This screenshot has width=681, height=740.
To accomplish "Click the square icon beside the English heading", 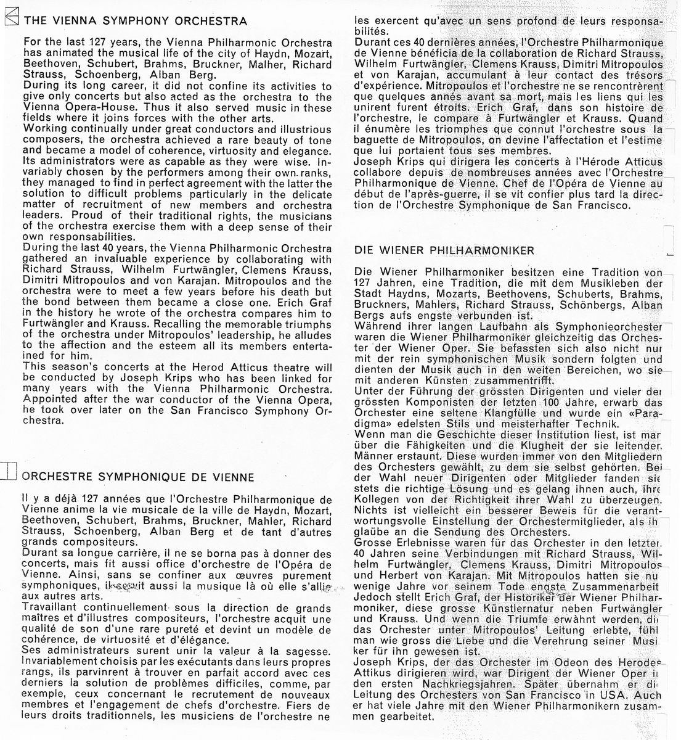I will click(x=10, y=20).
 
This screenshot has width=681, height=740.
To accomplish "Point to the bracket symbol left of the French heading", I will click(x=9, y=471).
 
